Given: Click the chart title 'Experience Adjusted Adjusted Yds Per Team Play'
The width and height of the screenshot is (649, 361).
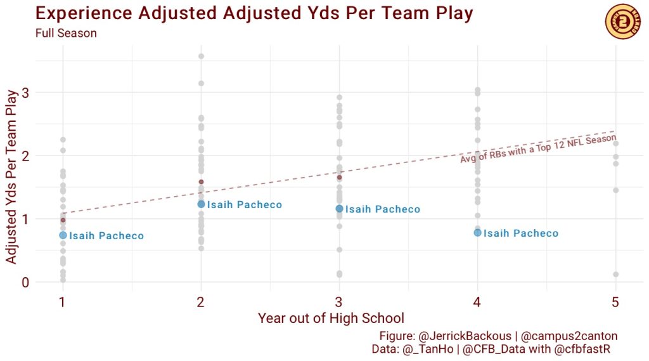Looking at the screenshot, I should point(254,13).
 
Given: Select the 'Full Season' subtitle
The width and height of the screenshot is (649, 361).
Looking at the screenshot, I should point(66,34).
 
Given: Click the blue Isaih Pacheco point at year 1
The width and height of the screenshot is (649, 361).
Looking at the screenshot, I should point(63,235).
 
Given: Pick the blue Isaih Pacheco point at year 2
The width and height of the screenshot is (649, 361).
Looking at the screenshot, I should point(201,204).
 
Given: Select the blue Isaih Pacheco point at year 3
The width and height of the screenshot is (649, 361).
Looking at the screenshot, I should point(339,209).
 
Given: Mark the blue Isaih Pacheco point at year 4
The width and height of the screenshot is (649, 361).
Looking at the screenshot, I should point(477,233).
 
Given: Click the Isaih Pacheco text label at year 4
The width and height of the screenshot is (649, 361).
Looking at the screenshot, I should point(521,233).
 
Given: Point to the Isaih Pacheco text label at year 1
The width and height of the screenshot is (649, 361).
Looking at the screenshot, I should point(106,236).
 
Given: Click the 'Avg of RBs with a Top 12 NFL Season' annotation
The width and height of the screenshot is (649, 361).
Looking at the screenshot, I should point(538,149).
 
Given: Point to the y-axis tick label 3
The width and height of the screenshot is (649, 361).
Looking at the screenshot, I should point(25,93).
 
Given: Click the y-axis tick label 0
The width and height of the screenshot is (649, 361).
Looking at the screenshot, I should point(25,282).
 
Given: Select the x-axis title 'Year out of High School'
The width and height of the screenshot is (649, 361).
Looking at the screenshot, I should point(331,318).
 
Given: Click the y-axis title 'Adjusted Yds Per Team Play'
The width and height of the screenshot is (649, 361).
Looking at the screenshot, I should point(11,177).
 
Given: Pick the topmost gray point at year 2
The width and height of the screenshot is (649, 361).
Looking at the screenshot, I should point(201,56).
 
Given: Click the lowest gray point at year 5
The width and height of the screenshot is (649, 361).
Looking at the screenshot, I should point(615,275).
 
